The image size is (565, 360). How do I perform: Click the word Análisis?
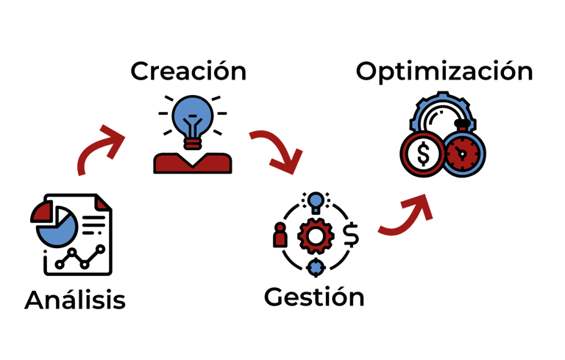74,300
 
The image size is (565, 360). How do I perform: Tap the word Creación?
188,71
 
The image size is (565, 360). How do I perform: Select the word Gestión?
314,297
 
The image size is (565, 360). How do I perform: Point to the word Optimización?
444,71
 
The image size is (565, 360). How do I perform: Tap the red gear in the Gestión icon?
315,236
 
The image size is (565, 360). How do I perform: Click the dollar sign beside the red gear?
351,235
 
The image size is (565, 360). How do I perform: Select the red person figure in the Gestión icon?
280,236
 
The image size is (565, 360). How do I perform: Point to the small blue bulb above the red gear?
316,200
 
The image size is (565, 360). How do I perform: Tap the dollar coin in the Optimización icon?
423,154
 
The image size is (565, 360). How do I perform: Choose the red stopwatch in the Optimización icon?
463,154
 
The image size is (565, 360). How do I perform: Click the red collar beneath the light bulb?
192,163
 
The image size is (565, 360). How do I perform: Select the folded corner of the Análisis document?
103,202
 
